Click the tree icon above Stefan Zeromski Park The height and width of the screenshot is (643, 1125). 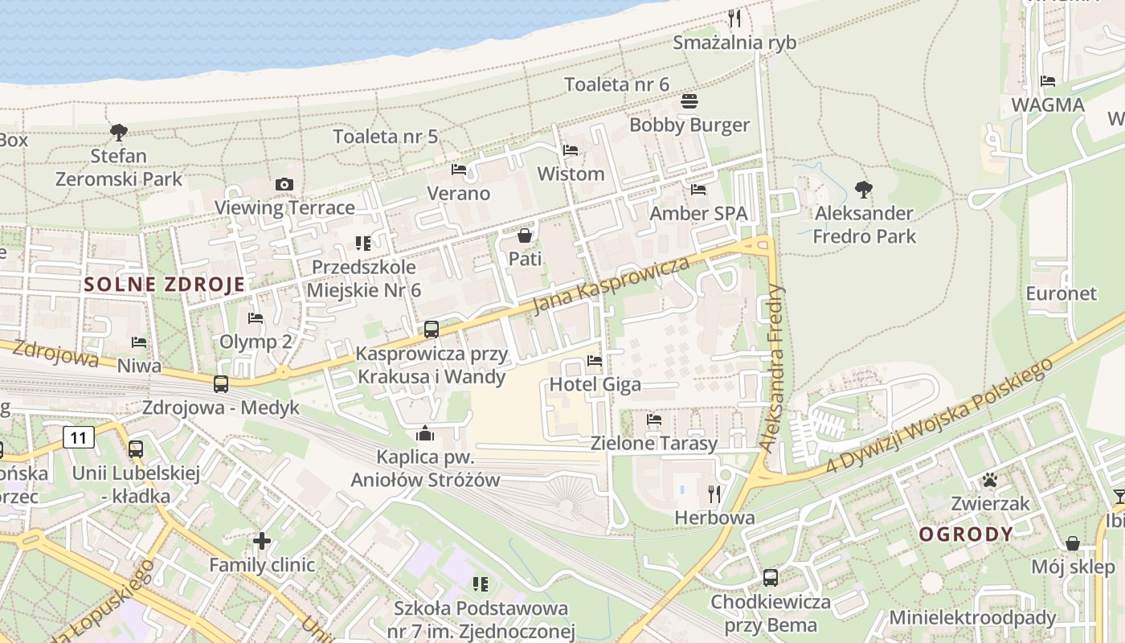(119, 131)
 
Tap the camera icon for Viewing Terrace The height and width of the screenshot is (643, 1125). (284, 184)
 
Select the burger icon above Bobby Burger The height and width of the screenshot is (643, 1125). (689, 101)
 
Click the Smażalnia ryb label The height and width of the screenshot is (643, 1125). (734, 42)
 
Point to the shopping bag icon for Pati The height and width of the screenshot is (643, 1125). (525, 235)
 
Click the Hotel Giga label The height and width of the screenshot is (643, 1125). (595, 384)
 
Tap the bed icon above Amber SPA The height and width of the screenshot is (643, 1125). (698, 190)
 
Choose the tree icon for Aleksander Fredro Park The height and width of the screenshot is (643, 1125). (864, 190)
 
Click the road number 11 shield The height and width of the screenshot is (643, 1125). (78, 438)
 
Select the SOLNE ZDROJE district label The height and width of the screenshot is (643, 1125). (164, 284)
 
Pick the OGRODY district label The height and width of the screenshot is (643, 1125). (966, 534)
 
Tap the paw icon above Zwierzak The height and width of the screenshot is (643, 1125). (989, 481)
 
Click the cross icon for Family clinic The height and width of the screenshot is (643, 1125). (262, 541)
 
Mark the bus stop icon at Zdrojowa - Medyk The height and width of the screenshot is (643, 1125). (221, 384)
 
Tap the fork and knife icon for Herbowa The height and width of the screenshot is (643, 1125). (714, 494)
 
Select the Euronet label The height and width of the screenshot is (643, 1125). (1061, 293)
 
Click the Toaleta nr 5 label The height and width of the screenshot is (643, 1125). (386, 137)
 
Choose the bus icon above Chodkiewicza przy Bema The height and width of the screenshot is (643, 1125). (770, 577)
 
